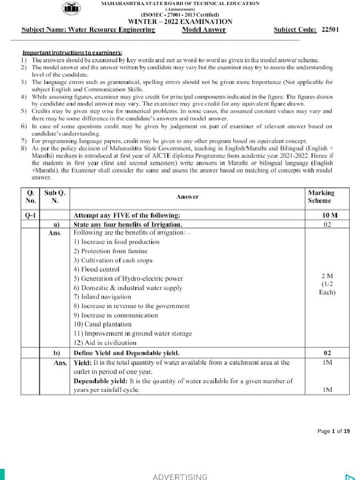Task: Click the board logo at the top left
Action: (x=71, y=9)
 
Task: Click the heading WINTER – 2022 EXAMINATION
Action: (x=180, y=22)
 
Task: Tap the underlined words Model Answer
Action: (x=204, y=30)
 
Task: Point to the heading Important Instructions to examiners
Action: (x=73, y=53)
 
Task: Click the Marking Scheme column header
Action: (x=321, y=197)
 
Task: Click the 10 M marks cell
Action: (x=321, y=216)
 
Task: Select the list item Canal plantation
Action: (x=102, y=324)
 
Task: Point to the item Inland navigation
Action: (x=102, y=297)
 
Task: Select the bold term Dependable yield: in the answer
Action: (x=99, y=381)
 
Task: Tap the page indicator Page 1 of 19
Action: (x=333, y=431)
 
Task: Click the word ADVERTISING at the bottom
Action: (x=180, y=477)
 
